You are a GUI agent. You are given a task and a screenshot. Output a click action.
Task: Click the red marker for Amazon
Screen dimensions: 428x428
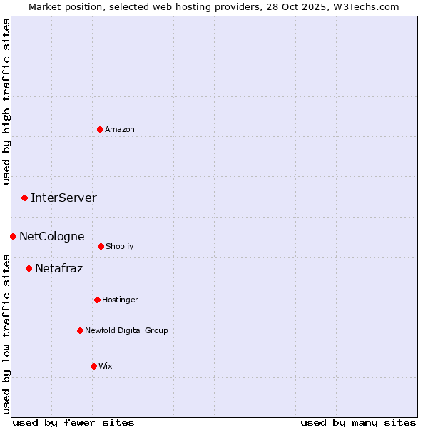(100, 129)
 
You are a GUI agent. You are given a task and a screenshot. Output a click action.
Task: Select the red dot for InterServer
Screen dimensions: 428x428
(24, 198)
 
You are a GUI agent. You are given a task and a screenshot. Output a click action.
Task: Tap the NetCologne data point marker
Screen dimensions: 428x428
(13, 236)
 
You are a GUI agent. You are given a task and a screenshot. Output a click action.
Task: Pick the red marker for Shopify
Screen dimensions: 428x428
(101, 246)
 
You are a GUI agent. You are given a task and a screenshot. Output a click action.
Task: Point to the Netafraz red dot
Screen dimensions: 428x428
(29, 268)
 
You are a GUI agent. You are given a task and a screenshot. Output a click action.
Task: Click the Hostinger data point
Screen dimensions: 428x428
(97, 300)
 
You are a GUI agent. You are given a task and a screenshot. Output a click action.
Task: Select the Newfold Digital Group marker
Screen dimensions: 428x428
(80, 330)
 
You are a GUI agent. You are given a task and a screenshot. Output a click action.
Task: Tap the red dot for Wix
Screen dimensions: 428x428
(93, 366)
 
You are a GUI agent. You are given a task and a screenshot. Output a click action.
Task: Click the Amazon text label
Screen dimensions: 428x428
(120, 129)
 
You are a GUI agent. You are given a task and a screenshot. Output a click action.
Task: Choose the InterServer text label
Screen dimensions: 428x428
(63, 198)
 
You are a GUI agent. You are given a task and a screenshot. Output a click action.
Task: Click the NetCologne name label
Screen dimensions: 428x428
(51, 236)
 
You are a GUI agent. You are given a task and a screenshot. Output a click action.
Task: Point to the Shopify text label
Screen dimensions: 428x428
(120, 246)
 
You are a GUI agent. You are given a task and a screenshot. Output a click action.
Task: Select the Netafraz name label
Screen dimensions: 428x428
(58, 268)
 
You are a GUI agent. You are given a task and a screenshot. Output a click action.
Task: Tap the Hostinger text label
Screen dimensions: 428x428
(120, 300)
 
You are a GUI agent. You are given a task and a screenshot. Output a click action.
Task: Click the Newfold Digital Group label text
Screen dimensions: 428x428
(126, 330)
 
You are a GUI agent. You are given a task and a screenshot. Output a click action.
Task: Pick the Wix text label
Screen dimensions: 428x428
(106, 366)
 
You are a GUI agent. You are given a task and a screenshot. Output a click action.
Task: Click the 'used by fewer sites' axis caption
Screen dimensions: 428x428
(73, 422)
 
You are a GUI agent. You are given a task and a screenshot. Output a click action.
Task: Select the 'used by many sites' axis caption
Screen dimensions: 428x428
(358, 422)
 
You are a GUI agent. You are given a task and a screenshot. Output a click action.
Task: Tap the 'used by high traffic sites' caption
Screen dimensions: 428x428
(7, 101)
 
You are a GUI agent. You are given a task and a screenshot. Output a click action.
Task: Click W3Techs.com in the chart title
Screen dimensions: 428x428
(364, 6)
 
